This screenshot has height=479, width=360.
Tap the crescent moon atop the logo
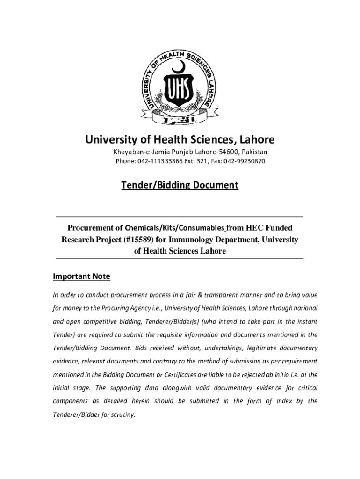[x=180, y=67]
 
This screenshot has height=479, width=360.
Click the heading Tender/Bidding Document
[x=180, y=185]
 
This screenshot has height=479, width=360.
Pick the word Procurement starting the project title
[x=95, y=228]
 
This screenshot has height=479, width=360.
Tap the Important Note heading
[x=81, y=276]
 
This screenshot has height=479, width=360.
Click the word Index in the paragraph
[x=285, y=401]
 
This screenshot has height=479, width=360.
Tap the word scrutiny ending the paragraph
[x=121, y=414]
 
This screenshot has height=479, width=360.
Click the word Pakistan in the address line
[x=255, y=152]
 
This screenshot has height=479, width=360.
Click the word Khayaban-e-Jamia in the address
[x=136, y=152]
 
